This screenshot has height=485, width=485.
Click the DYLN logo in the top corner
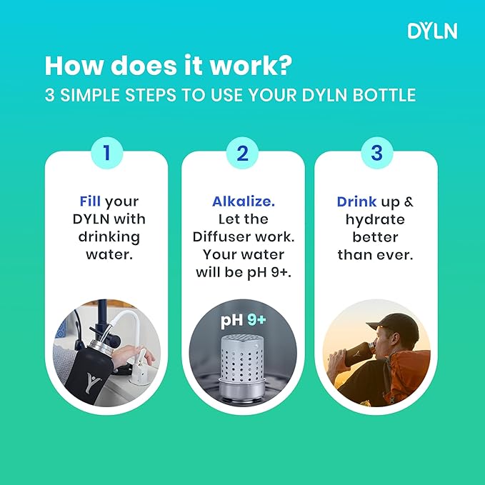431,31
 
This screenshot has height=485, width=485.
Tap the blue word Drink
356,201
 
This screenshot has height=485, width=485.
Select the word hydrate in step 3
375,219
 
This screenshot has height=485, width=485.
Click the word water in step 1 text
107,254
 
